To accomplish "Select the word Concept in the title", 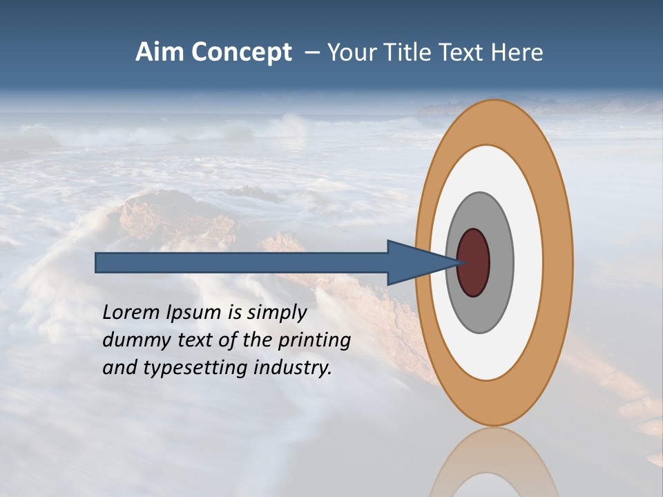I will click(x=242, y=53).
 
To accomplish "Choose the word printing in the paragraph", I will click(x=314, y=340).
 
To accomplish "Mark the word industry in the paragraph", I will click(x=293, y=368).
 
